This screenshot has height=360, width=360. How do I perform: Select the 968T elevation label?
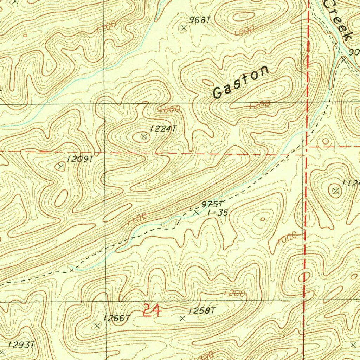point(200,20)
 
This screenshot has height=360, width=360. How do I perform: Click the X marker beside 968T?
point(184,28)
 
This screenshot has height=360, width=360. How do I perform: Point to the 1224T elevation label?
point(162,129)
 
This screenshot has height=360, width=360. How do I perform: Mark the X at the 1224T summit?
point(143,137)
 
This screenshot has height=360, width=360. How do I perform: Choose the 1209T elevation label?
point(80,159)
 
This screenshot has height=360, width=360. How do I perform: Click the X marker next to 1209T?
point(61,166)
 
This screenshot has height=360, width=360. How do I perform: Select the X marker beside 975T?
point(196,212)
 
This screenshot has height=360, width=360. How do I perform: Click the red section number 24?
point(152,311)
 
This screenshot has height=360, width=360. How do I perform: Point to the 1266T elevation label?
point(117,319)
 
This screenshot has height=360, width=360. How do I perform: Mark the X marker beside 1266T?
point(97,326)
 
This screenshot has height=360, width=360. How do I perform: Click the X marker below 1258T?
point(182,319)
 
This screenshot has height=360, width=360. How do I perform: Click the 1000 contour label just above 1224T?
point(169,110)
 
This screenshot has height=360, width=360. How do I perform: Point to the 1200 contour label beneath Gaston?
point(259,104)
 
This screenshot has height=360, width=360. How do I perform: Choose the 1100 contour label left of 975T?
point(137,219)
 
